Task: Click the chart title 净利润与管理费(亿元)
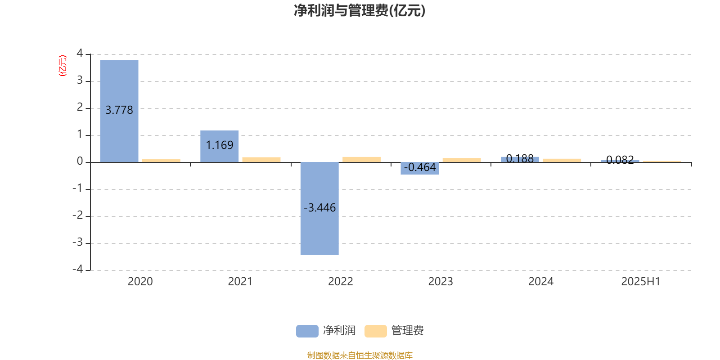360,11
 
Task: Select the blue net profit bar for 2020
119,111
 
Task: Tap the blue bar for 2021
220,146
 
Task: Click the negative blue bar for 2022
319,209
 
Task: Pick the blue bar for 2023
420,168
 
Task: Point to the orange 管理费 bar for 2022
362,159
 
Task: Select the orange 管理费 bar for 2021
261,160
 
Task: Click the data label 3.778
119,110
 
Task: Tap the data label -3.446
320,208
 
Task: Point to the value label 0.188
520,158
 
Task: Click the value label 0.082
620,160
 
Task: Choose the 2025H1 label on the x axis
641,282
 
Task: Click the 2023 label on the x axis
441,282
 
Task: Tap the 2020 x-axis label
140,282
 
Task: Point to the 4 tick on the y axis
80,53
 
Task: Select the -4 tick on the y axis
78,269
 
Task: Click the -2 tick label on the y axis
78,215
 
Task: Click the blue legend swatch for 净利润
307,331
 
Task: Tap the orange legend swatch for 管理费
375,331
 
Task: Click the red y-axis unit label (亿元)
63,66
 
